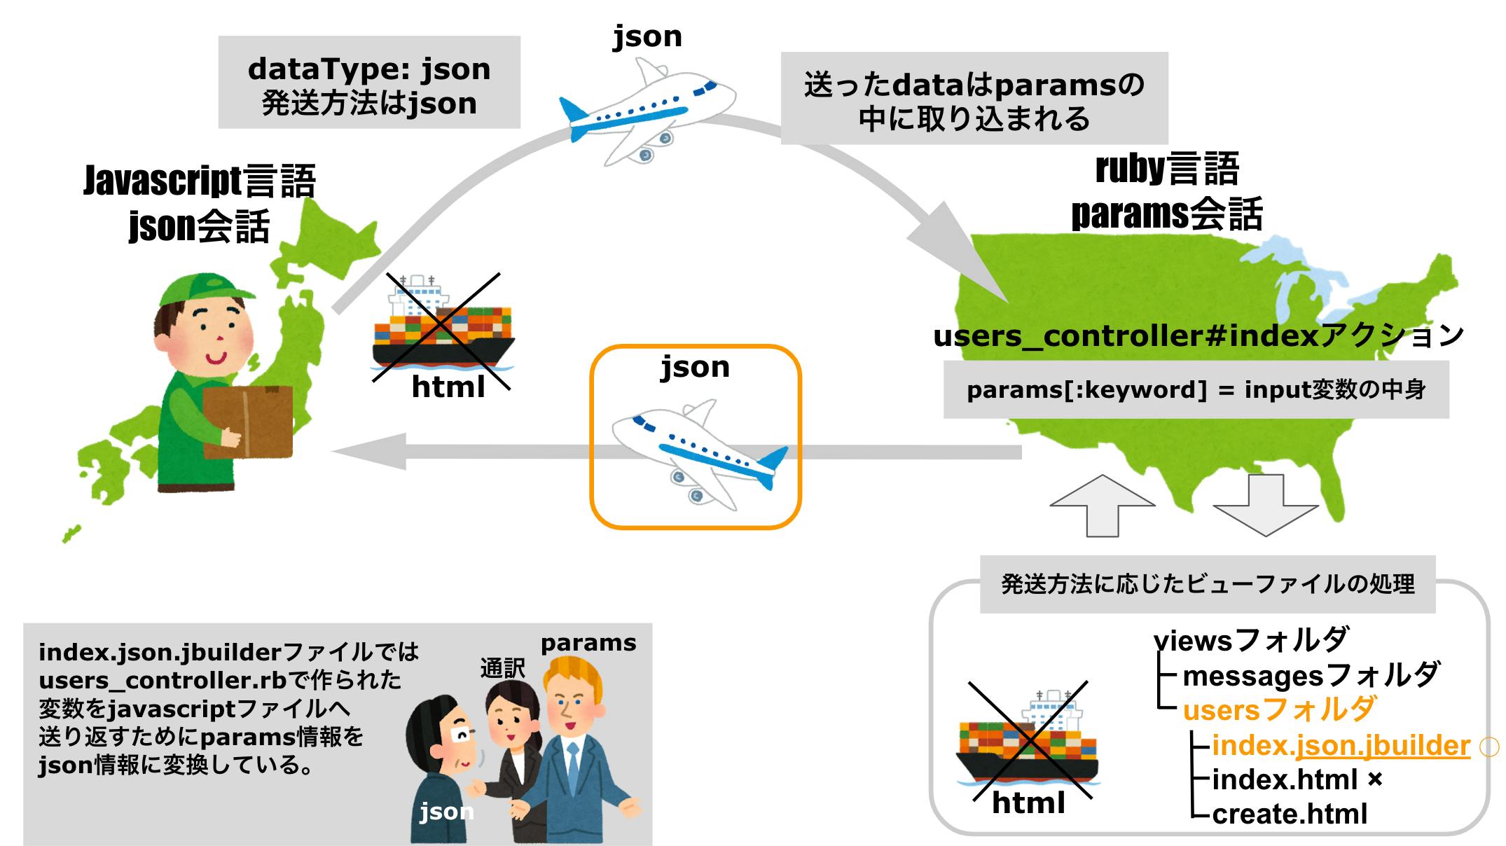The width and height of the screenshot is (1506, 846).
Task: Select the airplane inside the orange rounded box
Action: click(x=697, y=452)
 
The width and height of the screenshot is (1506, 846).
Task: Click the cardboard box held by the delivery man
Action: click(x=247, y=422)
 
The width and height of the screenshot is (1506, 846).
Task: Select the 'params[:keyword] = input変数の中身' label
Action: click(x=1196, y=389)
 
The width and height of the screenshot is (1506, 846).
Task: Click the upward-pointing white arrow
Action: click(x=1103, y=504)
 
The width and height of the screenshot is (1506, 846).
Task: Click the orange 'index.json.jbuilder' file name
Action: click(x=1340, y=745)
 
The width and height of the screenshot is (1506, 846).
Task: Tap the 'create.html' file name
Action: click(x=1289, y=814)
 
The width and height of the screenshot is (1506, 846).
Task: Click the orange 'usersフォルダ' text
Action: click(x=1280, y=710)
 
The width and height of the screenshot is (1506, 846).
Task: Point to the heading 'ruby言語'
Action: click(x=1167, y=169)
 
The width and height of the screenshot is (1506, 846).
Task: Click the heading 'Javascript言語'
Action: click(x=200, y=181)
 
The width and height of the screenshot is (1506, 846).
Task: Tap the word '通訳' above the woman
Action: click(x=502, y=668)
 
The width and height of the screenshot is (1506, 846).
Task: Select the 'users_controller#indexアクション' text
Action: click(x=1198, y=336)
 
